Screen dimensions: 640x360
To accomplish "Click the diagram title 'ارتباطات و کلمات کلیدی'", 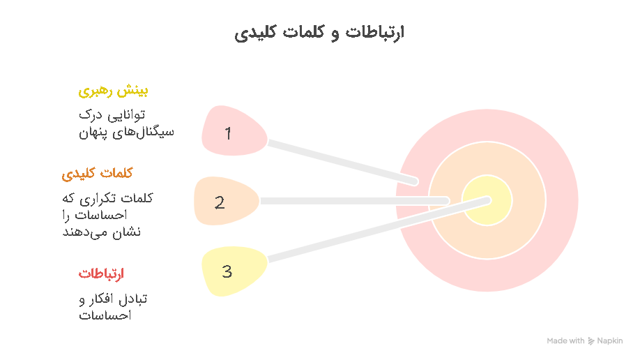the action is click(319, 33).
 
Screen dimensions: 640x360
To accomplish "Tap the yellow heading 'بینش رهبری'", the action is click(113, 91).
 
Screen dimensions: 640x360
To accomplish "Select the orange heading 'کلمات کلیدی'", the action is click(97, 174).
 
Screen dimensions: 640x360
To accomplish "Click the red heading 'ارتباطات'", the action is click(101, 273).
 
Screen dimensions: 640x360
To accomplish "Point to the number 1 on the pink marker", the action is click(228, 133).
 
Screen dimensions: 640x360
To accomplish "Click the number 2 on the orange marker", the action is click(220, 203).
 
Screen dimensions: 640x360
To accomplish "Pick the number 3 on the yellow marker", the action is click(227, 271).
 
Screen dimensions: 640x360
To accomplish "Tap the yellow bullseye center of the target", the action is click(487, 200).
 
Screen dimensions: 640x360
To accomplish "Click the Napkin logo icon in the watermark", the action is click(591, 340).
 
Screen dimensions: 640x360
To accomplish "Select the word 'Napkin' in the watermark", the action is click(610, 340).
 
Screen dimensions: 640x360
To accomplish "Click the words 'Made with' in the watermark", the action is click(565, 340).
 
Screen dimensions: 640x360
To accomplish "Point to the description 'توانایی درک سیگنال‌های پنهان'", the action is click(126, 123).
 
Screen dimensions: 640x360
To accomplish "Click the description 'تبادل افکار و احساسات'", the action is click(113, 307).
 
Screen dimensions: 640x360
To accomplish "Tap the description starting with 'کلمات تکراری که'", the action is click(108, 215).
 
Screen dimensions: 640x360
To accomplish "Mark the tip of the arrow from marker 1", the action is click(415, 181).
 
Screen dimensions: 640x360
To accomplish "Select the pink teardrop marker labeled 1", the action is click(234, 130).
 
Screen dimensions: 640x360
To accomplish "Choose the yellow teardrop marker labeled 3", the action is click(234, 271).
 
